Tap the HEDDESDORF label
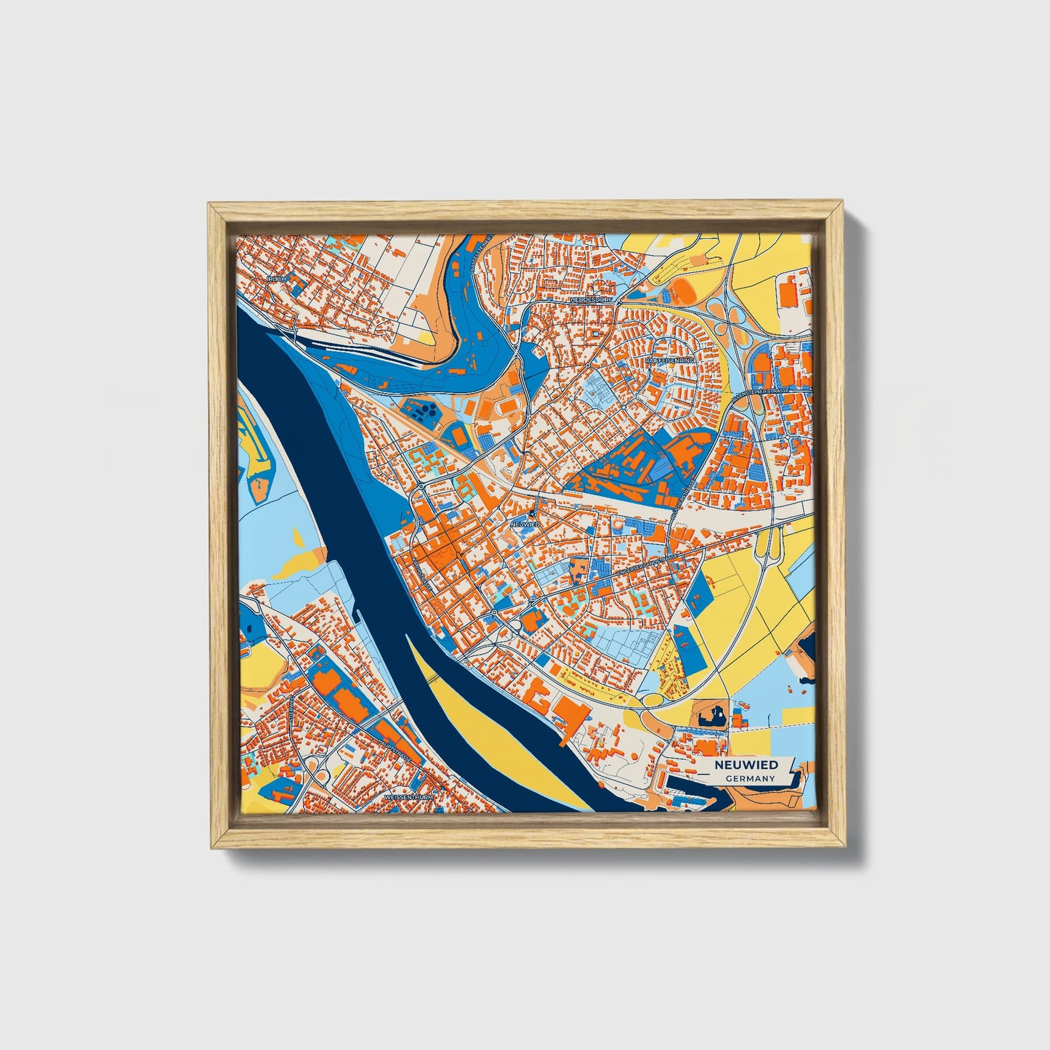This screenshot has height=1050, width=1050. (593, 299)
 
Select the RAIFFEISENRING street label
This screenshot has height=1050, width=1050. (670, 360)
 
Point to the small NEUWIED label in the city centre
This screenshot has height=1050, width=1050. (524, 523)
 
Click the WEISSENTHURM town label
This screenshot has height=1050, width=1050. (408, 797)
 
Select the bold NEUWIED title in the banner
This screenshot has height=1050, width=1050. (746, 764)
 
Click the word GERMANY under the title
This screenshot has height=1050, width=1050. (750, 778)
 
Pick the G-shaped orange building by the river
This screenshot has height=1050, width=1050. (541, 698)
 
